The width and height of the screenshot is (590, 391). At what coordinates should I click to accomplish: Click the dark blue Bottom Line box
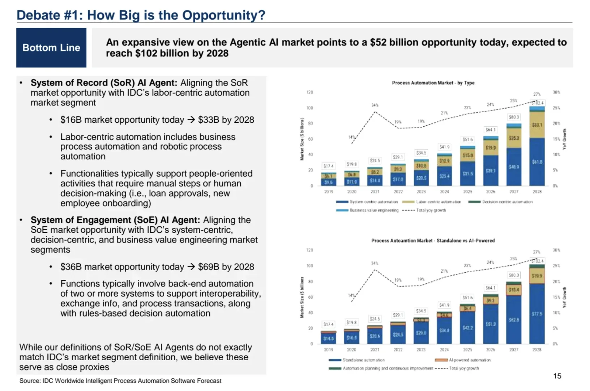(51, 48)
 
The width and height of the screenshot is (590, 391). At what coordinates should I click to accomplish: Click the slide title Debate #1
(141, 15)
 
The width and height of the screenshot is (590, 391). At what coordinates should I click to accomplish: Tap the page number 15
(557, 376)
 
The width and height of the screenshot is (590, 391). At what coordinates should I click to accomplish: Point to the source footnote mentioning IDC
(120, 381)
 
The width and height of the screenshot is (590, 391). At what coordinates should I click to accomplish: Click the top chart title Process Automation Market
(433, 83)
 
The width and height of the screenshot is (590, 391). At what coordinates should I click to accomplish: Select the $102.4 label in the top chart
(537, 103)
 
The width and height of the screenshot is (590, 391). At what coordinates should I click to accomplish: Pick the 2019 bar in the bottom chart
(328, 337)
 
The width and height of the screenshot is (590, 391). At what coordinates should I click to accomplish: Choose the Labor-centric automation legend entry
(432, 202)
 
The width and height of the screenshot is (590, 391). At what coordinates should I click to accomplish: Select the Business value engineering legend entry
(367, 210)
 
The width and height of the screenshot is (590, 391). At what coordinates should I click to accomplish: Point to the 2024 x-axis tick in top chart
(444, 192)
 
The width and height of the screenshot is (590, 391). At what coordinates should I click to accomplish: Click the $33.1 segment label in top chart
(537, 125)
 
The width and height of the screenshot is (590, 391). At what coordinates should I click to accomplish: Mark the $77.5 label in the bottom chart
(537, 314)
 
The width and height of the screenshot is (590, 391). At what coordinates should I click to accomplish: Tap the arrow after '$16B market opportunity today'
(191, 120)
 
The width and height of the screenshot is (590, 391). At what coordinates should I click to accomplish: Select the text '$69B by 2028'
(226, 267)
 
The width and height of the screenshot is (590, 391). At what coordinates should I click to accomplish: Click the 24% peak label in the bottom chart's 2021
(375, 263)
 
